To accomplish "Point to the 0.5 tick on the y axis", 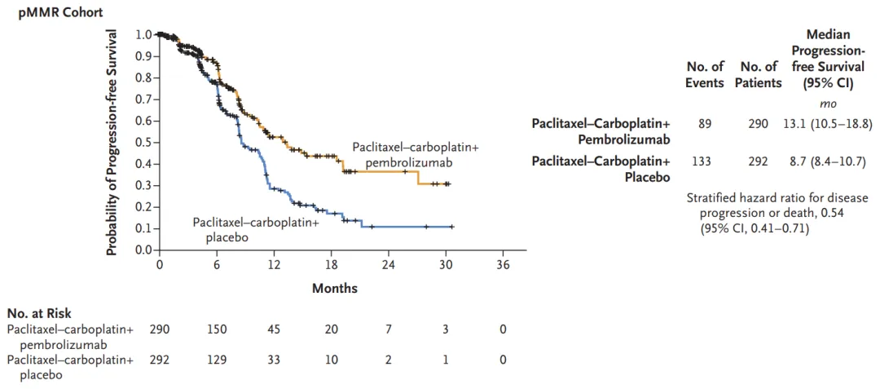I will pos(143,142).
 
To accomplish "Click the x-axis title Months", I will pos(334,288).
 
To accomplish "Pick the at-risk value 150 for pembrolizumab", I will pos(217,329).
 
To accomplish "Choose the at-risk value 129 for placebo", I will pos(217,360).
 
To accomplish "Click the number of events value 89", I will pos(705,124).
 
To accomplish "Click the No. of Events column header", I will pos(705,74).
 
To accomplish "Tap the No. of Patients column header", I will pos(760,74).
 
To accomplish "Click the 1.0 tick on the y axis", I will pos(143,35).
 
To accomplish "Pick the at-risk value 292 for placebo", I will pos(160,360).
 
